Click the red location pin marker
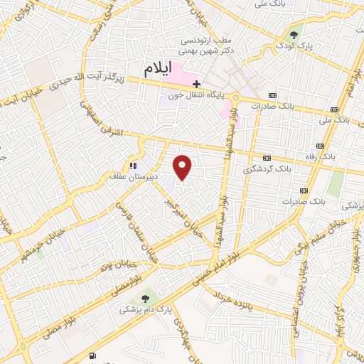point(183,167)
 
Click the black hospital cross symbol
point(197,83)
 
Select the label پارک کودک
point(294,45)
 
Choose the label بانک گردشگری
point(267,169)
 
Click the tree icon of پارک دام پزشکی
point(146,299)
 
